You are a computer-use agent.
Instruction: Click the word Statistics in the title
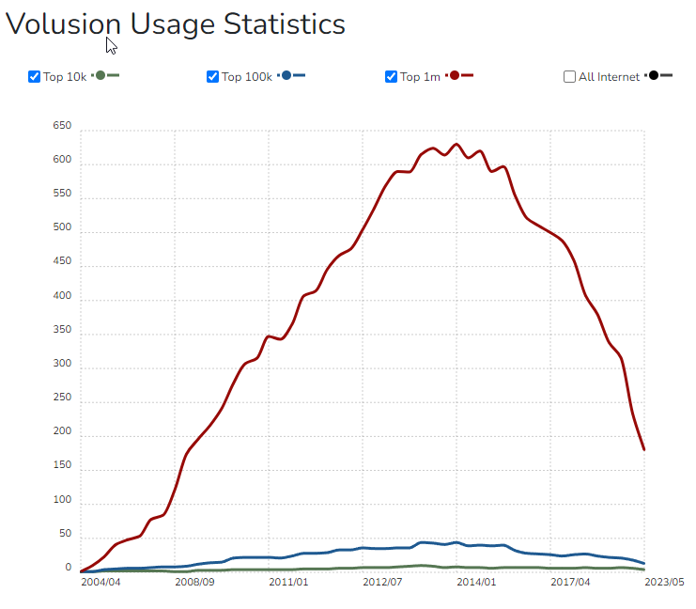point(284,24)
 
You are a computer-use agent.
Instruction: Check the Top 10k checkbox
point(35,76)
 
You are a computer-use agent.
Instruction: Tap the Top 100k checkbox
point(213,76)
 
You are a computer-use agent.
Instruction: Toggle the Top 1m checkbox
point(392,76)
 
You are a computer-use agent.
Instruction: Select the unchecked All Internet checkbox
point(570,76)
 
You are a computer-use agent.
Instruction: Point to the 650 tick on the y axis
point(63,126)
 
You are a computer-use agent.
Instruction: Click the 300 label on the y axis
point(63,364)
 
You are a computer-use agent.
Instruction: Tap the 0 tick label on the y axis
point(68,568)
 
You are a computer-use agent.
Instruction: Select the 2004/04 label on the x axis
point(101,583)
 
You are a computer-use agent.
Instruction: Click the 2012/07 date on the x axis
point(382,583)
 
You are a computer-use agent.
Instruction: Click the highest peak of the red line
point(456,145)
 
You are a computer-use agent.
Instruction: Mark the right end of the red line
point(644,449)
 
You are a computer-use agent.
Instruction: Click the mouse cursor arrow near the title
point(111,46)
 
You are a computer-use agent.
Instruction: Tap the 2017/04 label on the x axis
point(570,583)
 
